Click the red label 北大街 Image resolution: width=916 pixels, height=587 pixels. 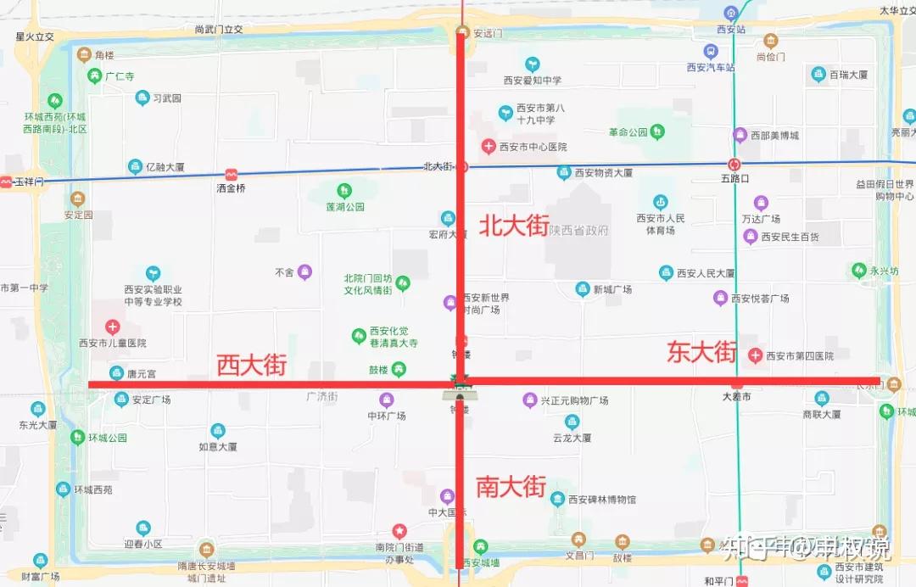tap(514, 226)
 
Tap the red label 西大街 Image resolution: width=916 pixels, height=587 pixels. tap(251, 366)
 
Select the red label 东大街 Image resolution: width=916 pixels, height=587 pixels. tap(701, 352)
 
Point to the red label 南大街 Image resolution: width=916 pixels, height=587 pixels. tap(510, 486)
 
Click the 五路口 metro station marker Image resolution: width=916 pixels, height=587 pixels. tap(734, 165)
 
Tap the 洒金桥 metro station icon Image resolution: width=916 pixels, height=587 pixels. tap(232, 174)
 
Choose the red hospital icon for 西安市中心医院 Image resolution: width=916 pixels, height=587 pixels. tap(489, 147)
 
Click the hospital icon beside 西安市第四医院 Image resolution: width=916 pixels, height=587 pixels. tap(755, 355)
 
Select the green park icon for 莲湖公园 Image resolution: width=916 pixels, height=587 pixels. tap(344, 191)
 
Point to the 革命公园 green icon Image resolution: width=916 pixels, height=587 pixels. tap(657, 131)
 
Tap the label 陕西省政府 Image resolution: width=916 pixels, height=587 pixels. tap(578, 230)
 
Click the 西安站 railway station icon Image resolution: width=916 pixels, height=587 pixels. tap(731, 13)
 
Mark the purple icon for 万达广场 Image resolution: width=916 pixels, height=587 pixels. tap(760, 203)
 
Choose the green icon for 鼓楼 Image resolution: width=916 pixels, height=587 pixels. tap(398, 368)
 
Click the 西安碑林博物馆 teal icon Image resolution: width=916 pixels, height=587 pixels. tap(557, 499)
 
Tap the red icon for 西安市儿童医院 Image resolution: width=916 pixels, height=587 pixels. tap(112, 327)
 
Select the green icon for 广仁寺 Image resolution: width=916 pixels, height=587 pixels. tap(95, 75)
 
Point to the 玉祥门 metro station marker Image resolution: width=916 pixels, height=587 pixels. tap(7, 182)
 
